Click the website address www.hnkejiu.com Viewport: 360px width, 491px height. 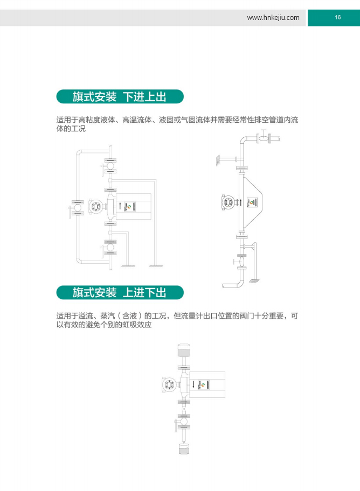[273, 18]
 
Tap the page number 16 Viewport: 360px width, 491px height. [338, 17]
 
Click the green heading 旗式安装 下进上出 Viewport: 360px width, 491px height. [120, 96]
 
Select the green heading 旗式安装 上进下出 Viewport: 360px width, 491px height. [120, 292]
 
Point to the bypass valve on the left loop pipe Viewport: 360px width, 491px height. [77, 208]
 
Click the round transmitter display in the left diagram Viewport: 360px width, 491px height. [95, 206]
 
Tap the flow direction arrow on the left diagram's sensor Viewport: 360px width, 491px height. [120, 206]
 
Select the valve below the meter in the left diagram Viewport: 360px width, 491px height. [110, 247]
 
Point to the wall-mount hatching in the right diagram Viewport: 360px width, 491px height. [217, 160]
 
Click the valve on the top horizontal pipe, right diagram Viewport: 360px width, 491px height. [264, 137]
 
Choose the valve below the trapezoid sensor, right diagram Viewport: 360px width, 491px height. [241, 261]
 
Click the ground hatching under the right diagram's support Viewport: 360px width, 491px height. [254, 280]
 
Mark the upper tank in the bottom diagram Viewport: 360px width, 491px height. [184, 350]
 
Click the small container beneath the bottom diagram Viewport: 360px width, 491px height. [184, 448]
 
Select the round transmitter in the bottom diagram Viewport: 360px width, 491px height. [169, 384]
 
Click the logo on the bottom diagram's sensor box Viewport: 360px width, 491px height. [203, 384]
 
